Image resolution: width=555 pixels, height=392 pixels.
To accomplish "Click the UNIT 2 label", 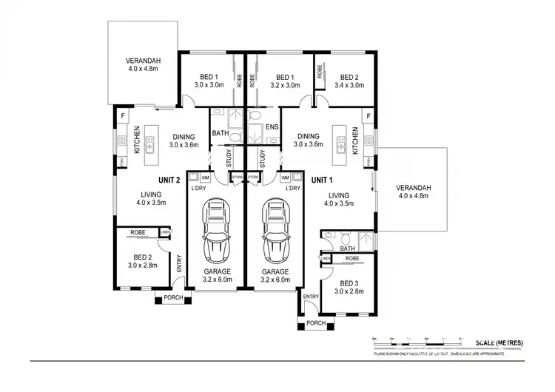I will tap(169, 180).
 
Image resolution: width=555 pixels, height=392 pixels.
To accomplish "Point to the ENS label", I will tap(272, 135).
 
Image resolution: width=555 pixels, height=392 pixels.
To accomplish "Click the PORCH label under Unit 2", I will tap(173, 298).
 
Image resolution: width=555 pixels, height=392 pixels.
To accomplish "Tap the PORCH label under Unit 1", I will tap(316, 322).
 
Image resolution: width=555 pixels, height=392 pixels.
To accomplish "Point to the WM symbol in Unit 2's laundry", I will tap(204, 178).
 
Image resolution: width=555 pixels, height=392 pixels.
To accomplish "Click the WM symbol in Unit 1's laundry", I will tap(286, 178).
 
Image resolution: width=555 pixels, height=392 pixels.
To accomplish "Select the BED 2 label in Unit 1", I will tap(350, 77).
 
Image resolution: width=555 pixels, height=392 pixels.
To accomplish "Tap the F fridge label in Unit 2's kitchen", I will tap(123, 116).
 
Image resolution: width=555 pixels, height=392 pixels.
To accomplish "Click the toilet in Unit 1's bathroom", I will tap(344, 238).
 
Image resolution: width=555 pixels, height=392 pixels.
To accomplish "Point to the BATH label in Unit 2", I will tap(220, 134).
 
